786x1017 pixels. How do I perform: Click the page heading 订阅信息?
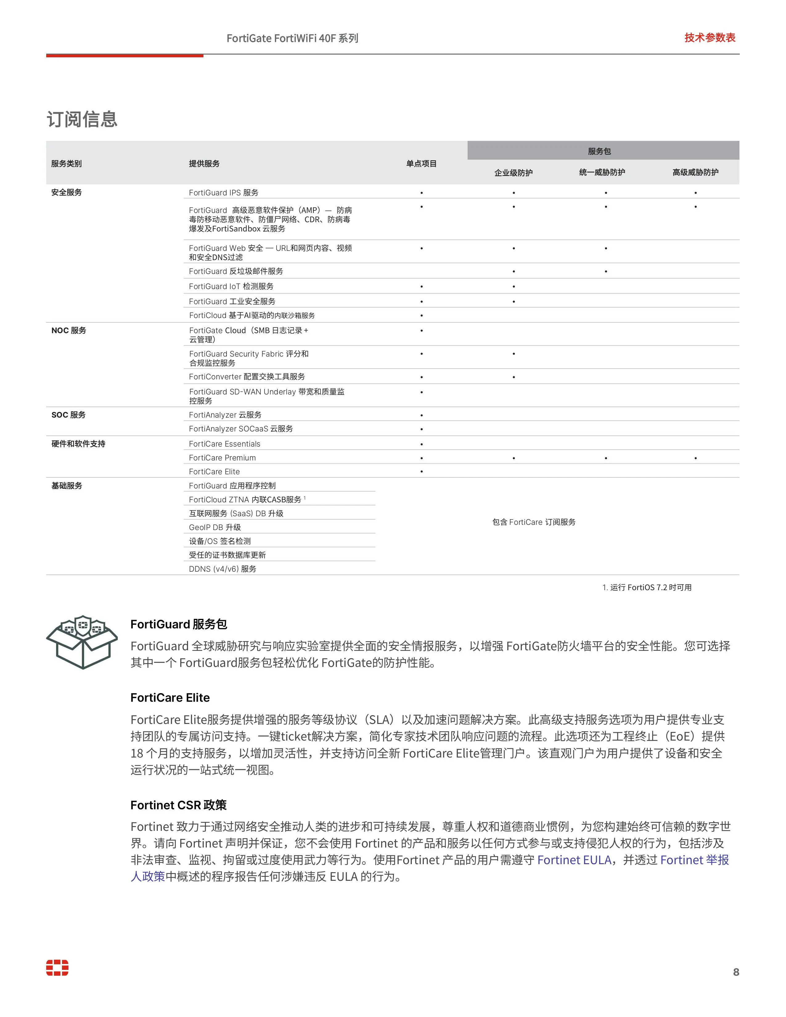tap(82, 119)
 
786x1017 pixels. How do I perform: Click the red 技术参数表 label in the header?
tap(710, 38)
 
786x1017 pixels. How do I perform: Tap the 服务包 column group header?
tap(599, 151)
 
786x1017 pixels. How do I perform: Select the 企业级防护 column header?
tap(513, 173)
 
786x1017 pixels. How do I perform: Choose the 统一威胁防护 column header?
tap(602, 172)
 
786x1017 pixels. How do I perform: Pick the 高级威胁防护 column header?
tap(695, 172)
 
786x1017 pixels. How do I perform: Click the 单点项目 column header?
tap(421, 163)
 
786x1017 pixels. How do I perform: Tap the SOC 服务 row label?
tap(68, 415)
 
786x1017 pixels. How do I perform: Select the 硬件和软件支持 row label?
tap(78, 444)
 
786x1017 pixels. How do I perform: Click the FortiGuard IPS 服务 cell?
tap(223, 192)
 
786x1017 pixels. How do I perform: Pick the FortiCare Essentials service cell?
tap(224, 444)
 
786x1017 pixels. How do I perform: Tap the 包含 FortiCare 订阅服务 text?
tap(534, 522)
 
